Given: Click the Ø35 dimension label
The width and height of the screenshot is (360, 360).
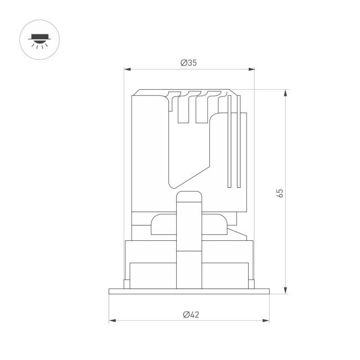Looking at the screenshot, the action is pyautogui.click(x=189, y=63).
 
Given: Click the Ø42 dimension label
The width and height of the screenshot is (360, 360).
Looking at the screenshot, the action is pyautogui.click(x=191, y=315).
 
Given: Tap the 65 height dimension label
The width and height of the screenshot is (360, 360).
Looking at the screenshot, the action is pyautogui.click(x=280, y=193).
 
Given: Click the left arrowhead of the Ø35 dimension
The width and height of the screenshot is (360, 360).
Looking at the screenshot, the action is pyautogui.click(x=127, y=69).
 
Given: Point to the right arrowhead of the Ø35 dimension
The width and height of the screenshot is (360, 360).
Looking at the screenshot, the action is pyautogui.click(x=251, y=69).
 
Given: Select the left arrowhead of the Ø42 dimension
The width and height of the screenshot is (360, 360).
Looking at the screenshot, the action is pyautogui.click(x=112, y=321).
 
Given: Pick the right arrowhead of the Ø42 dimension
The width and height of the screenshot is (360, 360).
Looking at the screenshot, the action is pyautogui.click(x=266, y=321).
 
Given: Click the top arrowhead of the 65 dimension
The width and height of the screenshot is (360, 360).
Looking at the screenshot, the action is pyautogui.click(x=285, y=92).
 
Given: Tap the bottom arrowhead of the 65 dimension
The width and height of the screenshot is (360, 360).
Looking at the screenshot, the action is pyautogui.click(x=285, y=290).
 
